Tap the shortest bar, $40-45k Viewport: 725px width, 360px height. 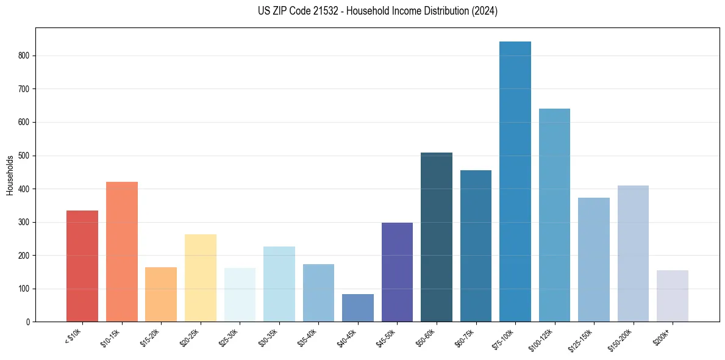point(358,308)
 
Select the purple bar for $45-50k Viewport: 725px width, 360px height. point(397,272)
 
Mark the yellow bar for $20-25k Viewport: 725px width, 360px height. point(201,278)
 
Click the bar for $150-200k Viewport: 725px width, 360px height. point(633,253)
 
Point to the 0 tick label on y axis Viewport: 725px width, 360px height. point(28,322)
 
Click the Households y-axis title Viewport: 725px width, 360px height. point(10,175)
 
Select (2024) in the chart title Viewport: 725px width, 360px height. point(485,11)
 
